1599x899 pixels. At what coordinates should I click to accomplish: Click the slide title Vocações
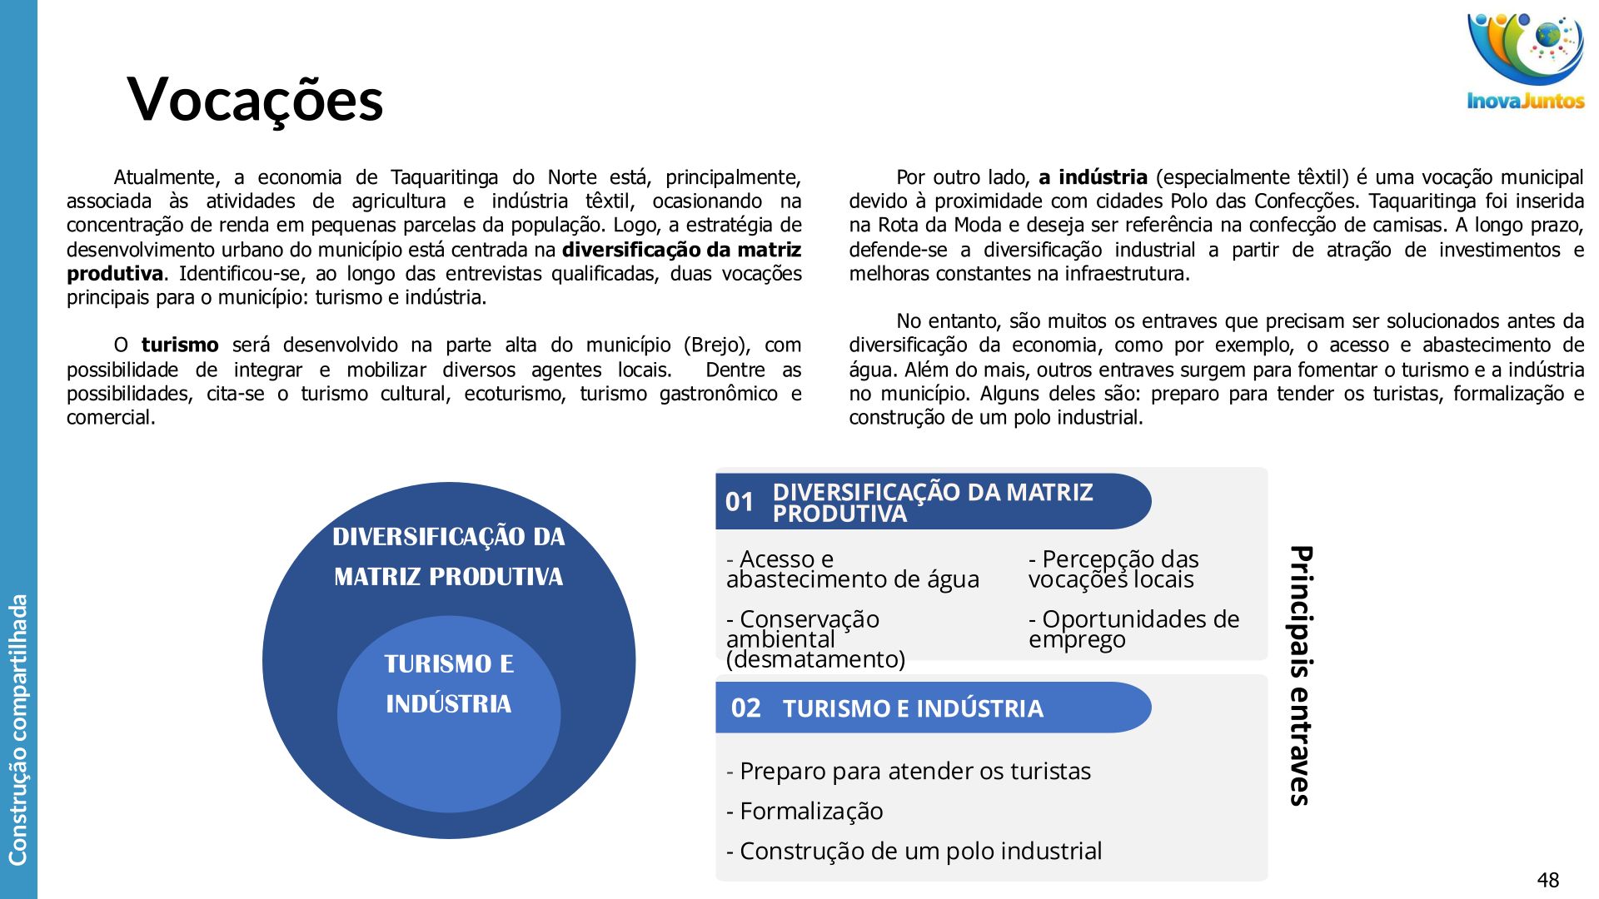tap(255, 100)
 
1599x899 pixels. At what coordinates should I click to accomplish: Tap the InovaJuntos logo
tap(1525, 62)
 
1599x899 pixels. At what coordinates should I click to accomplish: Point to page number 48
tap(1548, 880)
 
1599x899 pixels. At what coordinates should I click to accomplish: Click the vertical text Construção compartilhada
tap(17, 729)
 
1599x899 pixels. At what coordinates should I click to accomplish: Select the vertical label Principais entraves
tap(1301, 675)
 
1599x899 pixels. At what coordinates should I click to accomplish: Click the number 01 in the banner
tap(740, 502)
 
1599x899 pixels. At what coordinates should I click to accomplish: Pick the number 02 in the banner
tap(745, 708)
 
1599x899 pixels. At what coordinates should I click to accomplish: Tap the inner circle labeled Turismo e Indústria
tap(449, 684)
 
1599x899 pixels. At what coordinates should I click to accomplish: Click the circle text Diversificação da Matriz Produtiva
tap(449, 556)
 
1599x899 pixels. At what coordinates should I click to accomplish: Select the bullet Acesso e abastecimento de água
tap(852, 569)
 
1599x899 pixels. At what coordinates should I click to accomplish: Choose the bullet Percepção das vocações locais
tap(1113, 569)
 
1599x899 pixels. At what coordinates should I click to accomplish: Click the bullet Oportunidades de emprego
tap(1133, 629)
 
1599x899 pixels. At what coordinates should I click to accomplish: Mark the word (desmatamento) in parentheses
tap(815, 659)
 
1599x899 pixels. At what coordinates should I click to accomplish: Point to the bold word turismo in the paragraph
tap(180, 345)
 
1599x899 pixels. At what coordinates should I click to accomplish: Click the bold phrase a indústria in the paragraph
tap(1093, 177)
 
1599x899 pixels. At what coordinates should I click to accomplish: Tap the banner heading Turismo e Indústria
tap(913, 709)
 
